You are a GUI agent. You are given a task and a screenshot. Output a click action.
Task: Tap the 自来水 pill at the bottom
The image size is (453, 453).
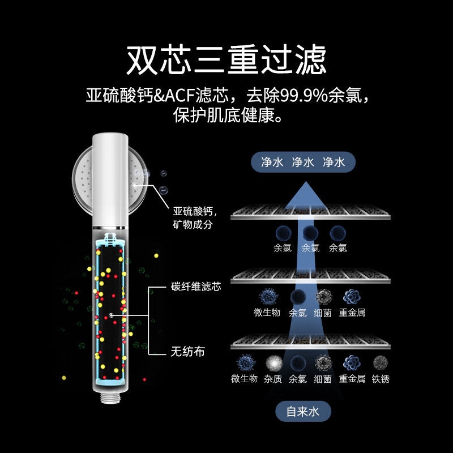pos(303,412)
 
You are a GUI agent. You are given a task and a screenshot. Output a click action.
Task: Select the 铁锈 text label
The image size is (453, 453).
pos(381,379)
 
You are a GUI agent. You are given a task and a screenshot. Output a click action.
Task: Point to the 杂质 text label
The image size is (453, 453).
pos(273,379)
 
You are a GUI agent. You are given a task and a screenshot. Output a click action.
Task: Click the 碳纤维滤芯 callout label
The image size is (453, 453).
pos(196,287)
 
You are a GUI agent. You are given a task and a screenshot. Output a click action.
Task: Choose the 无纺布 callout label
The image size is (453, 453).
pos(187,352)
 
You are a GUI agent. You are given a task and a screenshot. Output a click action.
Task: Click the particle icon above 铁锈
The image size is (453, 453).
pos(381,362)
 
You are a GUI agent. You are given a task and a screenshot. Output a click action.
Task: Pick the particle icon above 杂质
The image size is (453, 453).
pos(273,362)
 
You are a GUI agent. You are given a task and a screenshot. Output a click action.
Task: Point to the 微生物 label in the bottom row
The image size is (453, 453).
pos(244,379)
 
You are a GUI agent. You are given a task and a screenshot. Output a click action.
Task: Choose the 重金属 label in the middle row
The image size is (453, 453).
pos(352,312)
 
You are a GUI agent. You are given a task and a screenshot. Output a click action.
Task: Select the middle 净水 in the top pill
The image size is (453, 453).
pos(303,163)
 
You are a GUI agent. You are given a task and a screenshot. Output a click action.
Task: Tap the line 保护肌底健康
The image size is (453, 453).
pos(226,117)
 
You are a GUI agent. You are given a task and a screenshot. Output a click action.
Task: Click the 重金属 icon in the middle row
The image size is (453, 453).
pos(352,296)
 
